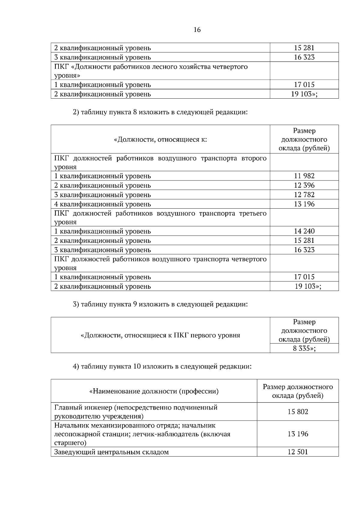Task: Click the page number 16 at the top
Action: pyautogui.click(x=197, y=30)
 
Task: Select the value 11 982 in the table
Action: pyautogui.click(x=304, y=176)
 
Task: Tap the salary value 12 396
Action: pyautogui.click(x=304, y=185)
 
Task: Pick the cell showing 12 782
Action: pyautogui.click(x=304, y=195)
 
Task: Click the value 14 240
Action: pyautogui.click(x=304, y=231)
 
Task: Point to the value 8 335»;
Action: pyautogui.click(x=304, y=348)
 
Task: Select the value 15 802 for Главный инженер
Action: pyautogui.click(x=298, y=412)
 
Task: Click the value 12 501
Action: pyautogui.click(x=298, y=452)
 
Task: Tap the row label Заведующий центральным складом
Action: pyautogui.click(x=111, y=452)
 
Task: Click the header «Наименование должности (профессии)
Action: pyautogui.click(x=154, y=391)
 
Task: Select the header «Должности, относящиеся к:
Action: pyautogui.click(x=160, y=139)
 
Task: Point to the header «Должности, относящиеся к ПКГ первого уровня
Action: pyautogui.click(x=160, y=335)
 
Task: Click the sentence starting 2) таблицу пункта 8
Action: pyautogui.click(x=160, y=112)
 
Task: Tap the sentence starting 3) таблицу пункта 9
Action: pyautogui.click(x=160, y=304)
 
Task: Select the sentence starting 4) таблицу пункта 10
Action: pyautogui.click(x=162, y=366)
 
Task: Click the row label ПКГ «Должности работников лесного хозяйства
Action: pyautogui.click(x=151, y=71)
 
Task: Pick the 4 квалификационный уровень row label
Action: pyautogui.click(x=102, y=204)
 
